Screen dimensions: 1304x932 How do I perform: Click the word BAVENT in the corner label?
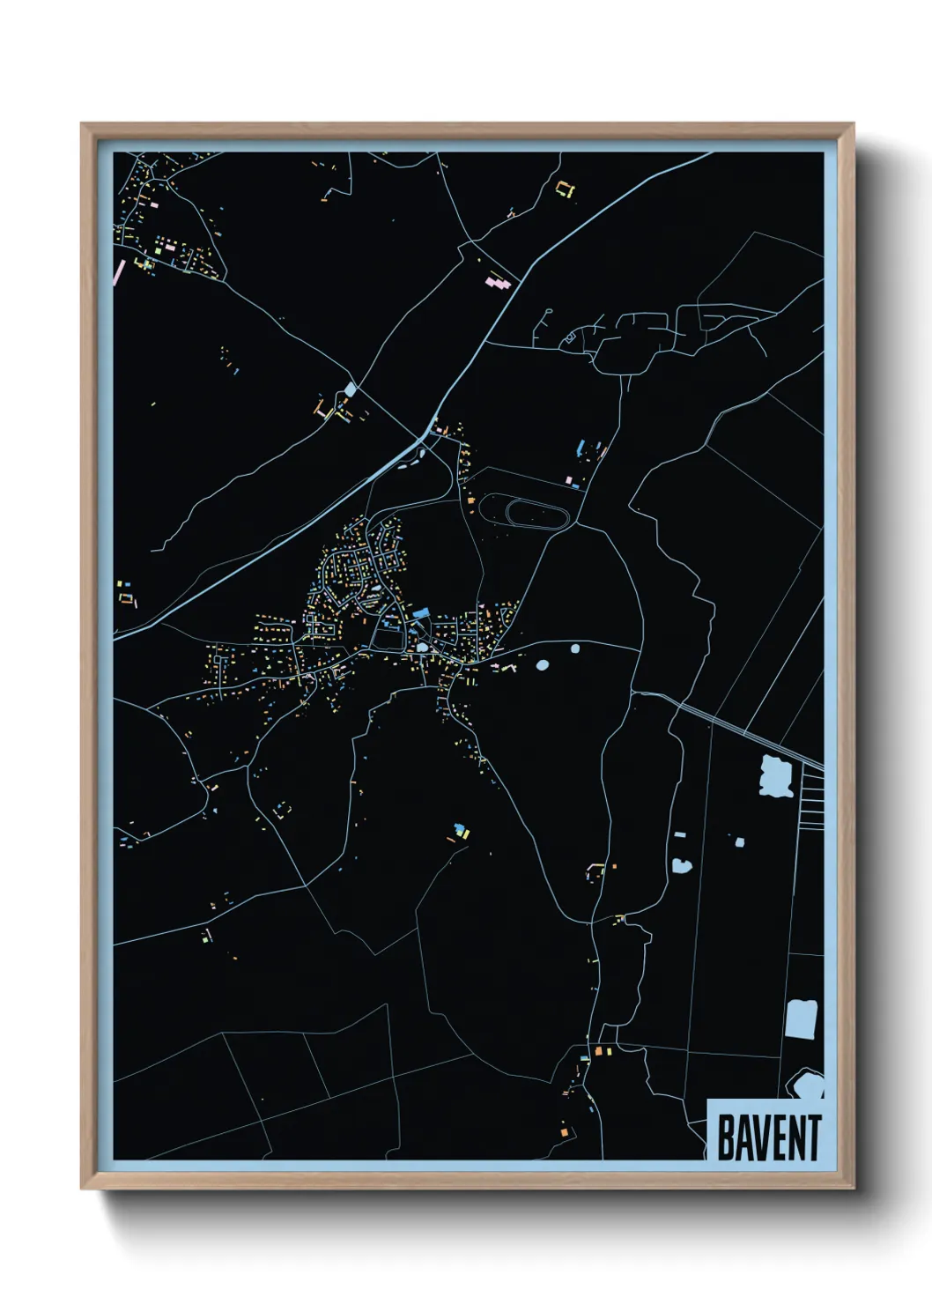[x=768, y=1137]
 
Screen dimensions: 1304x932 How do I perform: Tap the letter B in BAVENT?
[x=726, y=1137]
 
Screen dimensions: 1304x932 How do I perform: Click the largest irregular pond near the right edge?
[x=776, y=775]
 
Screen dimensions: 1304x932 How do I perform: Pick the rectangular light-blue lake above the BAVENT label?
[x=800, y=1019]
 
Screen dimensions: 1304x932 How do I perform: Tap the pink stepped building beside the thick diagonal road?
[x=499, y=283]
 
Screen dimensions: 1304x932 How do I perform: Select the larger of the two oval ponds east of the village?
[x=542, y=664]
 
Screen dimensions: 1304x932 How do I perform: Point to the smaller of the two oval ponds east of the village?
[x=575, y=649]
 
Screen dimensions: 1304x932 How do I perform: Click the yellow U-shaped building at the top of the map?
[x=565, y=189]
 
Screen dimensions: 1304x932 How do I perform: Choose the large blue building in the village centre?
[x=420, y=612]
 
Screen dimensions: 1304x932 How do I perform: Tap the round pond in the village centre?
[x=422, y=648]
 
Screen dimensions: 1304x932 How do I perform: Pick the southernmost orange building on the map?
[x=564, y=1131]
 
